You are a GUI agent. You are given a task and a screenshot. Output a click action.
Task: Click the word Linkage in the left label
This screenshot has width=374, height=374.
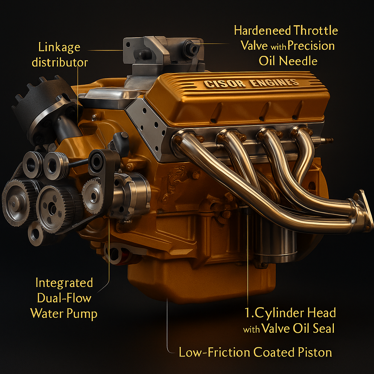pos(59,47)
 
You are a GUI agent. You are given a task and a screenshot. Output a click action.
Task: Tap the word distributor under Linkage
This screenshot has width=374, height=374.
pos(60,62)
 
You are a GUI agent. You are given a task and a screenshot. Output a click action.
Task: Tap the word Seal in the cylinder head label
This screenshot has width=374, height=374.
pos(323,328)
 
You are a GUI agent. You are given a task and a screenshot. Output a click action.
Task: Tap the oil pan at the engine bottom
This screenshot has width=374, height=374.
pos(201,281)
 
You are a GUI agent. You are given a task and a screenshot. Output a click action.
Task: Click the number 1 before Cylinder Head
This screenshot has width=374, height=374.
pos(247,313)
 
